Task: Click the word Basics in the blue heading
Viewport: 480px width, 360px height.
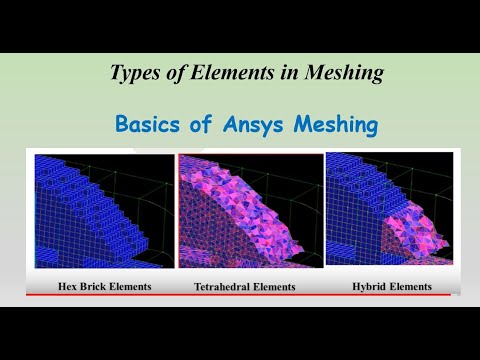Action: point(147,126)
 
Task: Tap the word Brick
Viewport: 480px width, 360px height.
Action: point(98,287)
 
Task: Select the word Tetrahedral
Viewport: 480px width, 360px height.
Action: point(225,287)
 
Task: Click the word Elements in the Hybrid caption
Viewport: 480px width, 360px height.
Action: point(412,287)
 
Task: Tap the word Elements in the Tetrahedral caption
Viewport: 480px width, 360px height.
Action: point(276,287)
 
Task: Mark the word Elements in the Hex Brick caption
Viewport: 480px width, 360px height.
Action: point(133,287)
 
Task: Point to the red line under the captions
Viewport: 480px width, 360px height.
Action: point(240,296)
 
